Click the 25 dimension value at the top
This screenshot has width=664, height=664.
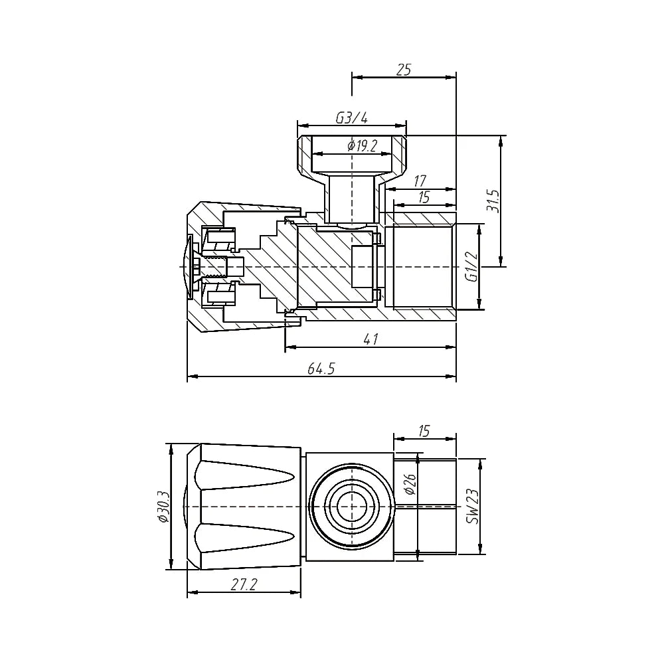click(404, 70)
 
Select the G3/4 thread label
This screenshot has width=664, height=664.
click(351, 118)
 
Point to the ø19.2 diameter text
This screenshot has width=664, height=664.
click(362, 147)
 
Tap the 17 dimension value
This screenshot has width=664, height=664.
click(420, 181)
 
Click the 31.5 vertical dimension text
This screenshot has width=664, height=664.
click(493, 199)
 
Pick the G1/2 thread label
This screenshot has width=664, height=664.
click(471, 266)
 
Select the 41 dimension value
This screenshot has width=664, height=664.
click(371, 339)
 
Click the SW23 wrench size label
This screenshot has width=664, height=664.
click(472, 507)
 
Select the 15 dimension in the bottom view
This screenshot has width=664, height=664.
click(424, 431)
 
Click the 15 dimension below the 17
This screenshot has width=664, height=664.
click(424, 197)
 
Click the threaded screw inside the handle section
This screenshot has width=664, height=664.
click(216, 266)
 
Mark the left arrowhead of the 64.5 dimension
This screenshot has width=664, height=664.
click(191, 377)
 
